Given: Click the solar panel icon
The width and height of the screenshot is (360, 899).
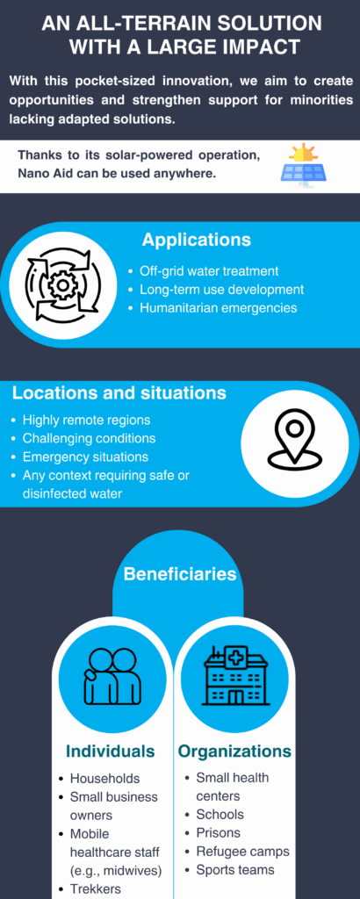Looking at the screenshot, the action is tap(303, 164).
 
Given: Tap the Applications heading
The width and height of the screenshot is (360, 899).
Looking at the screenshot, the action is tap(197, 240).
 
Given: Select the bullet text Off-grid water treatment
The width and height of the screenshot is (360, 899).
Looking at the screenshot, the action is tap(209, 271).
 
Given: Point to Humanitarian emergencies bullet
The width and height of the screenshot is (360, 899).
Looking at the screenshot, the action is tap(219, 308).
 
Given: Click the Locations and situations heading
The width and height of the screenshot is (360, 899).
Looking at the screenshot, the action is tap(119, 393).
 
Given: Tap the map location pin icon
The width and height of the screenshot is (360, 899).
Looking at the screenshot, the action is tap(295, 436).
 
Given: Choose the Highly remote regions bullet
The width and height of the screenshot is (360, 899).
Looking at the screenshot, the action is tap(87, 421).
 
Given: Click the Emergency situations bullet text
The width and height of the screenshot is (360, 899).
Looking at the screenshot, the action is tap(85, 457).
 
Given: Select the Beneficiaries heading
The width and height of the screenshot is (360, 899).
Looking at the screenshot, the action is tap(180, 574).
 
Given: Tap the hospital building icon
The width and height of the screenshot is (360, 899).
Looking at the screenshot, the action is tap(237, 676).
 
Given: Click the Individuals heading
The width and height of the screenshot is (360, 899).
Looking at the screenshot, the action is tap(111, 752).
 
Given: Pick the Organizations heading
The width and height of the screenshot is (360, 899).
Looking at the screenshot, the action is tap(235, 752).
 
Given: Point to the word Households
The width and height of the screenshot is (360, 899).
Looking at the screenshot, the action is tap(104, 779).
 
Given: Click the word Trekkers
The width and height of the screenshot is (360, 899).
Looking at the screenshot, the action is tap(96, 888).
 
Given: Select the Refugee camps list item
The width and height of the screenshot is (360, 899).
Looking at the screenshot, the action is tap(243, 852).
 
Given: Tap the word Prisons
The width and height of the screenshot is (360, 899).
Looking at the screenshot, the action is tap(219, 832).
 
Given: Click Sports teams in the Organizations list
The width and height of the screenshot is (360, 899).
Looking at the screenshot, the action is tap(235, 870).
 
